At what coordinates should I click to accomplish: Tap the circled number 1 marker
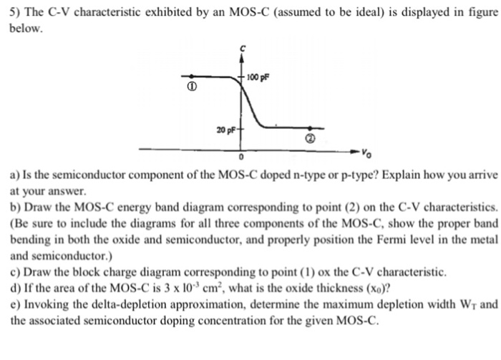191,87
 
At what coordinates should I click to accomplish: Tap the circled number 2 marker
310,140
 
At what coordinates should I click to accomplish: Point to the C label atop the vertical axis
243,48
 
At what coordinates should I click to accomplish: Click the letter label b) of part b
16,207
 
